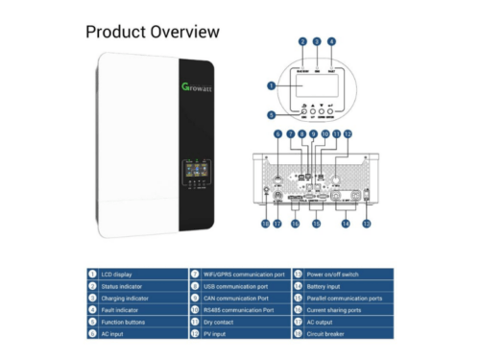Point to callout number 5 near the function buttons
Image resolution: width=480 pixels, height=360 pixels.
point(274,115)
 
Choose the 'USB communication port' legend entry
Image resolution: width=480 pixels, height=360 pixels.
point(240,286)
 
